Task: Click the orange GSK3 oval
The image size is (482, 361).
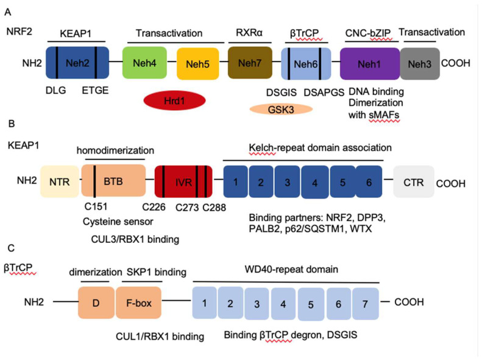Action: click(x=281, y=108)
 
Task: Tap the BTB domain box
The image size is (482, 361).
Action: click(x=113, y=181)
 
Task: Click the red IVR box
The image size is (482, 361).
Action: click(x=183, y=181)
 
